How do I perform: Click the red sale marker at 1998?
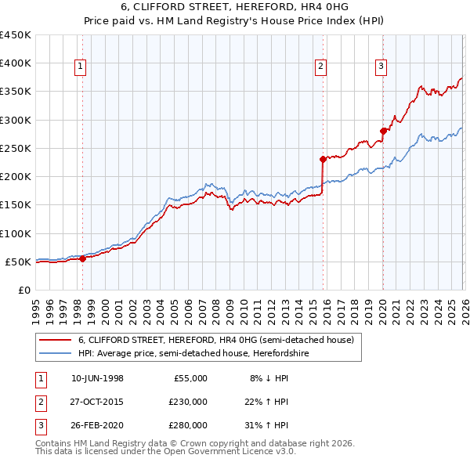[82, 259]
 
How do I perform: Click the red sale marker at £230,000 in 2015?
[322, 159]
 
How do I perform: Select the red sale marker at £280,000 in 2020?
[382, 131]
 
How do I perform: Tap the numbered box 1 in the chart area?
[81, 67]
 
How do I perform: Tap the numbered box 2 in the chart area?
[321, 67]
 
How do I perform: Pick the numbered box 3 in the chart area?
[381, 67]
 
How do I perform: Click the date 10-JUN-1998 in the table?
[97, 378]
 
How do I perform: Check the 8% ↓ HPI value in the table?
[269, 378]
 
